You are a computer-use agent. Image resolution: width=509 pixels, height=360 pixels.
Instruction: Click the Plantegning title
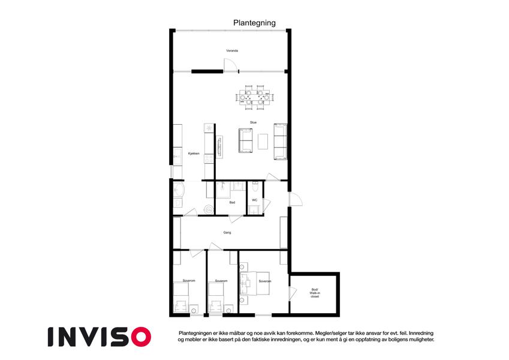click(254, 23)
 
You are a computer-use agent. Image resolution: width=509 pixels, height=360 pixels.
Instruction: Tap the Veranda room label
click(232, 50)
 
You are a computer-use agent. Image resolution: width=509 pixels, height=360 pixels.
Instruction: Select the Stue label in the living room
click(253, 122)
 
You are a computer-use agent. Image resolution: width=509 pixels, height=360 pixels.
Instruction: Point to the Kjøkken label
click(194, 154)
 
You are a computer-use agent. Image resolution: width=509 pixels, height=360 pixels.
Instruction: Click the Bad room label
click(232, 202)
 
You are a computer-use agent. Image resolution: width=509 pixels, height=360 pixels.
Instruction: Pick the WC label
click(254, 200)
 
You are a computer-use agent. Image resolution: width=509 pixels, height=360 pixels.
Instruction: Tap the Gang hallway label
click(227, 233)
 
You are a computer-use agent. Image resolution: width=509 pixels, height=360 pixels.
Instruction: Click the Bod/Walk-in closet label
click(315, 293)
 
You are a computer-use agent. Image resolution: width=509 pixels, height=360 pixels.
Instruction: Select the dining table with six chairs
click(254, 97)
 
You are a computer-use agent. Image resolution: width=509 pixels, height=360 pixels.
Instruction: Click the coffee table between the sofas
click(263, 142)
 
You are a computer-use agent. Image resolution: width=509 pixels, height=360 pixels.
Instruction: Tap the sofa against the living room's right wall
click(281, 142)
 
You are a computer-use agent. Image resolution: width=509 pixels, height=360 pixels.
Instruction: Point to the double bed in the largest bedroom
click(254, 283)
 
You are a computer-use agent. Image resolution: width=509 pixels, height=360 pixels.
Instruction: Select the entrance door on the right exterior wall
click(296, 199)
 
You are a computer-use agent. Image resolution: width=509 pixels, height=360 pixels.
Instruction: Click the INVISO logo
click(100, 337)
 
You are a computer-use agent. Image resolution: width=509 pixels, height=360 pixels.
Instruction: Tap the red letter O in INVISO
click(141, 337)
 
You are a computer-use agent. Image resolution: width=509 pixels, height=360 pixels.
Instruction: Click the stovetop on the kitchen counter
click(209, 158)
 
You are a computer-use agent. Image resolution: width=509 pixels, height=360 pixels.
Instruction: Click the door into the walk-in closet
click(293, 293)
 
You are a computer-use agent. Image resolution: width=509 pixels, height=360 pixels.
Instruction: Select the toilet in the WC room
click(255, 187)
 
